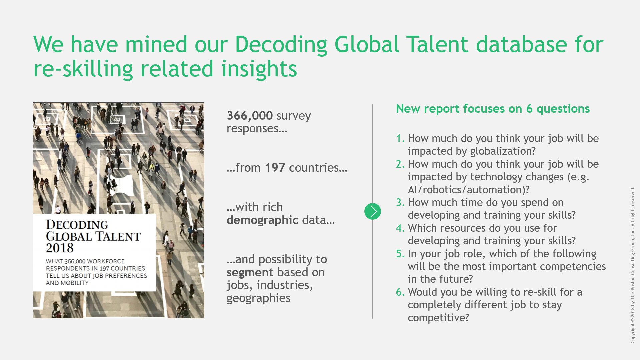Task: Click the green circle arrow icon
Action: click(373, 211)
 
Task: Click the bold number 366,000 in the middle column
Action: click(250, 116)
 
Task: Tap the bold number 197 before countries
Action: click(275, 168)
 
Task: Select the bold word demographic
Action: click(262, 220)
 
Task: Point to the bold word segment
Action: click(250, 273)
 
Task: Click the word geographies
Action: click(259, 298)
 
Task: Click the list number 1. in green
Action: click(400, 138)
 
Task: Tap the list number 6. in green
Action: click(400, 292)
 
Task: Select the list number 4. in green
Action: click(400, 228)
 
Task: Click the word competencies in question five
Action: click(573, 267)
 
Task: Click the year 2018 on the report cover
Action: click(60, 248)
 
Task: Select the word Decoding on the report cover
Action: click(77, 225)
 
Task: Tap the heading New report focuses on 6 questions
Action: click(493, 109)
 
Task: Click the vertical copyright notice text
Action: click(632, 265)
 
